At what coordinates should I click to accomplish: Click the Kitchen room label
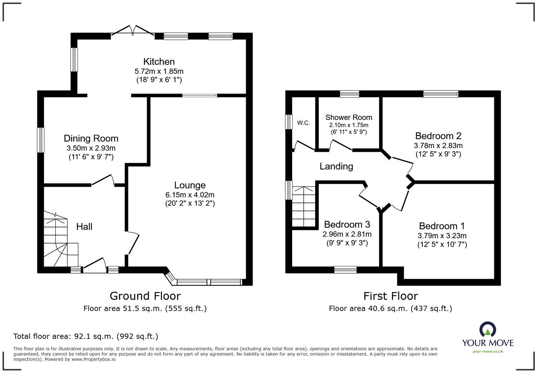[x=159, y=62]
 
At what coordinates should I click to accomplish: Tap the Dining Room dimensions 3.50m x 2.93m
[x=91, y=148]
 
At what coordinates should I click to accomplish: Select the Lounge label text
[x=190, y=185]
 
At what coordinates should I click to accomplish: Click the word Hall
[x=84, y=227]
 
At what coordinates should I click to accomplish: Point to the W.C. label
[x=303, y=123]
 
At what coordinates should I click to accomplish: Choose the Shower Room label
[x=349, y=117]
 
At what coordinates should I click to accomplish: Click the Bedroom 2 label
[x=438, y=136]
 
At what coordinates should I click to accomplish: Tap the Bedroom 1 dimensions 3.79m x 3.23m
[x=442, y=236]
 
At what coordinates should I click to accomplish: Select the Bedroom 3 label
[x=347, y=225]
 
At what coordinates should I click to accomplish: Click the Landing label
[x=336, y=166]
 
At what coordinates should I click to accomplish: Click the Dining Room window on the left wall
[x=41, y=140]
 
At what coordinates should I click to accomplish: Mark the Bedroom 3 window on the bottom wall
[x=345, y=270]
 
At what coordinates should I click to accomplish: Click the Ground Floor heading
[x=145, y=296]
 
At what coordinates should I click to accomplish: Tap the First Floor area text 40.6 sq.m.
[x=390, y=309]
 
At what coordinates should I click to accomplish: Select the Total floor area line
[x=86, y=336]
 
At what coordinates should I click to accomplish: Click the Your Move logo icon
[x=487, y=330]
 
